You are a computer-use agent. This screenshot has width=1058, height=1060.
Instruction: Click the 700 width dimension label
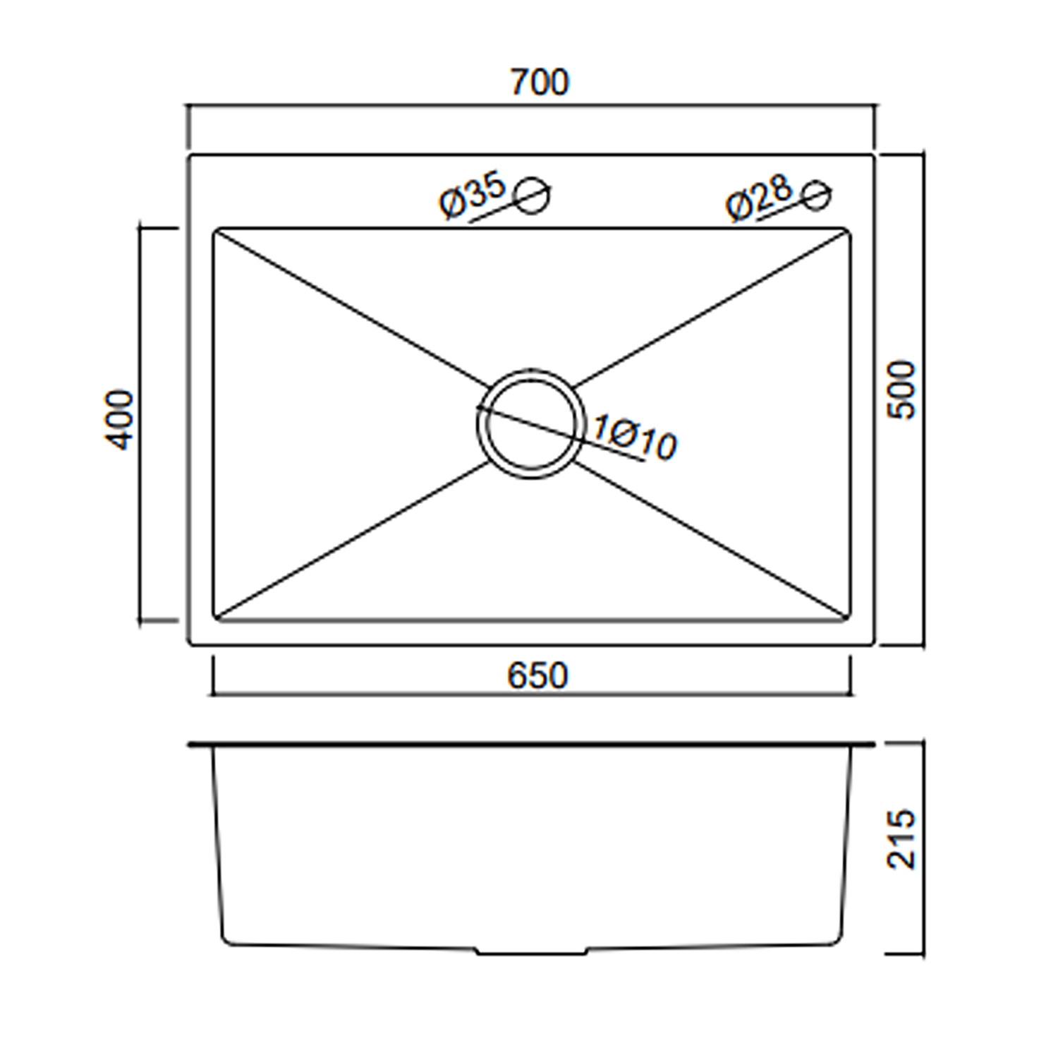click(x=540, y=83)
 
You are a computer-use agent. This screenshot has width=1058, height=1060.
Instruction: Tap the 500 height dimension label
click(x=901, y=390)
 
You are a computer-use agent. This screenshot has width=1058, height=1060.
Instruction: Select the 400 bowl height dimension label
click(x=119, y=419)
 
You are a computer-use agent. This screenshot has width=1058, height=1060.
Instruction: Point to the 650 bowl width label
click(x=537, y=676)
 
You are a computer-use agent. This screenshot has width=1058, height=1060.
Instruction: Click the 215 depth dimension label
click(x=901, y=838)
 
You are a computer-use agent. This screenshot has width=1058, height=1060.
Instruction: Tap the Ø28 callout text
click(x=759, y=198)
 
